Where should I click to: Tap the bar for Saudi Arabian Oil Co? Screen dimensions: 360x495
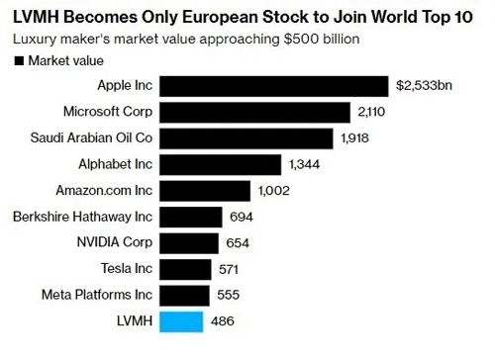(x=251, y=137)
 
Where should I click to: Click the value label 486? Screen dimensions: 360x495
(x=222, y=321)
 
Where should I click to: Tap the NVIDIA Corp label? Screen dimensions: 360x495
(x=111, y=242)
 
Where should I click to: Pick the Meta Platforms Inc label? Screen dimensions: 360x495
(x=96, y=295)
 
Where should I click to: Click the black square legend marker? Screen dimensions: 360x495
(x=18, y=61)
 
